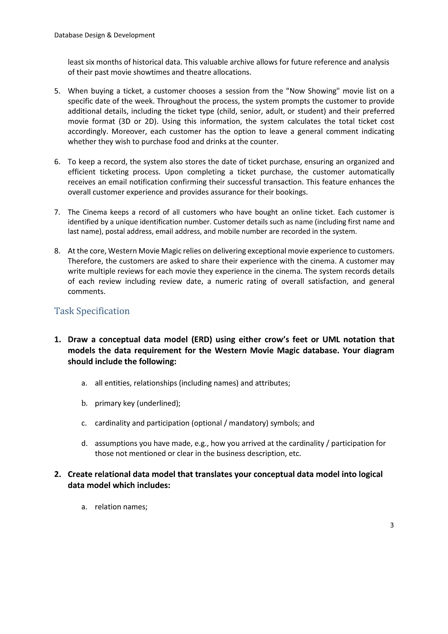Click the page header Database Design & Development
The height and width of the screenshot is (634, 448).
(105, 35)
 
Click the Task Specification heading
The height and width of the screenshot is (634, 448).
(92, 311)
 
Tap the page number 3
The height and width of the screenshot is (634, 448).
(392, 525)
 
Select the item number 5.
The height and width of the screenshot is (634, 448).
(57, 91)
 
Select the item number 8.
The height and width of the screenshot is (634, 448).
(57, 251)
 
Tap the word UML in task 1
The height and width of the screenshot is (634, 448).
(331, 340)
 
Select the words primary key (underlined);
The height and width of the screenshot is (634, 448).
(138, 403)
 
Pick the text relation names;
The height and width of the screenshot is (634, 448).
(121, 507)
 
